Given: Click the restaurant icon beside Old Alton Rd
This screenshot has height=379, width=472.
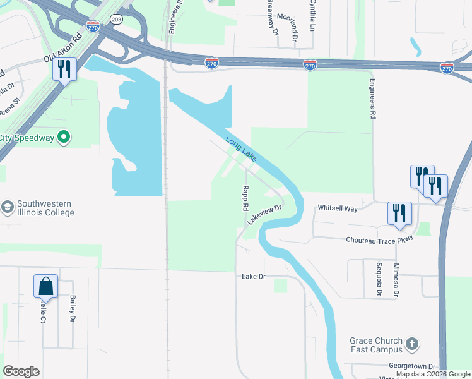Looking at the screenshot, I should [64, 69].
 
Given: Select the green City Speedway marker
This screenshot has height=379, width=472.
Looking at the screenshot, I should [63, 137].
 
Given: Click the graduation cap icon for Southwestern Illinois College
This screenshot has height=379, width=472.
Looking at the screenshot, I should [8, 208].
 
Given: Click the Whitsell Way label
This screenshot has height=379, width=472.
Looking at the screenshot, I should [337, 207].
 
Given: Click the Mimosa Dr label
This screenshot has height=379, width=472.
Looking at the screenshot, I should [396, 280].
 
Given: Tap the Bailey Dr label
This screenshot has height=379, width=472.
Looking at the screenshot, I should [73, 310].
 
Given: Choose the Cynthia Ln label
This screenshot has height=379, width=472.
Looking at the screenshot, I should [312, 16].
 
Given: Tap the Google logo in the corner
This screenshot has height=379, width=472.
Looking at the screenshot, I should [21, 371].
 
